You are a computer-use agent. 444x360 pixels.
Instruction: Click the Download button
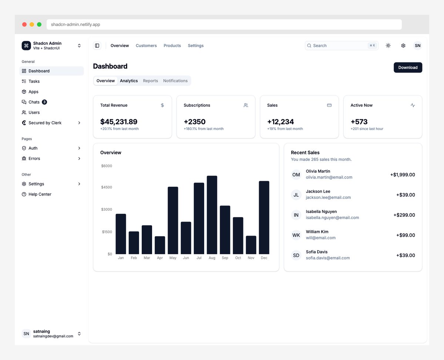408,67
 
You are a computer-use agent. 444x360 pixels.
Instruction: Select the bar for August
212,215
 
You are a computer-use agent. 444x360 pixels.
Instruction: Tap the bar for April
160,245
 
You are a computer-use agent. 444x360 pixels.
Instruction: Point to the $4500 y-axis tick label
107,187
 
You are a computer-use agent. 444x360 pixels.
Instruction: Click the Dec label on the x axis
264,258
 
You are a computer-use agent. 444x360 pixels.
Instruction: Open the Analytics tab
129,81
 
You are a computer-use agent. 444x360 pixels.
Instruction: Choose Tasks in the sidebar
34,81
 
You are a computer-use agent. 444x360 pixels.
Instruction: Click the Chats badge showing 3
44,102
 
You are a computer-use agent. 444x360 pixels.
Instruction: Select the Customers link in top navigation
146,46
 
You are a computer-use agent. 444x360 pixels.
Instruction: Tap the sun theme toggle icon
388,46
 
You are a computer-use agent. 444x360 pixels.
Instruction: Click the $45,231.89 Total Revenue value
119,121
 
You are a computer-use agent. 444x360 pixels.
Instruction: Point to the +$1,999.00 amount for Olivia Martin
403,174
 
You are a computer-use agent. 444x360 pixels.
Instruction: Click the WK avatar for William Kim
296,235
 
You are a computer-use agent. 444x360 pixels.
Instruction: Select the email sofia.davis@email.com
328,258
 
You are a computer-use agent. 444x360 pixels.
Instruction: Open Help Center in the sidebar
40,194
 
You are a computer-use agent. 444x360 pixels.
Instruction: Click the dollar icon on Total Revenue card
162,105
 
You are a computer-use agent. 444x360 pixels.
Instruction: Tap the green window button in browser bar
39,24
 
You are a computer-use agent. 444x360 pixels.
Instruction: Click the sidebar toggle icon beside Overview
97,46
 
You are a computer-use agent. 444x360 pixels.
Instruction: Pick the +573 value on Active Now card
359,121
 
